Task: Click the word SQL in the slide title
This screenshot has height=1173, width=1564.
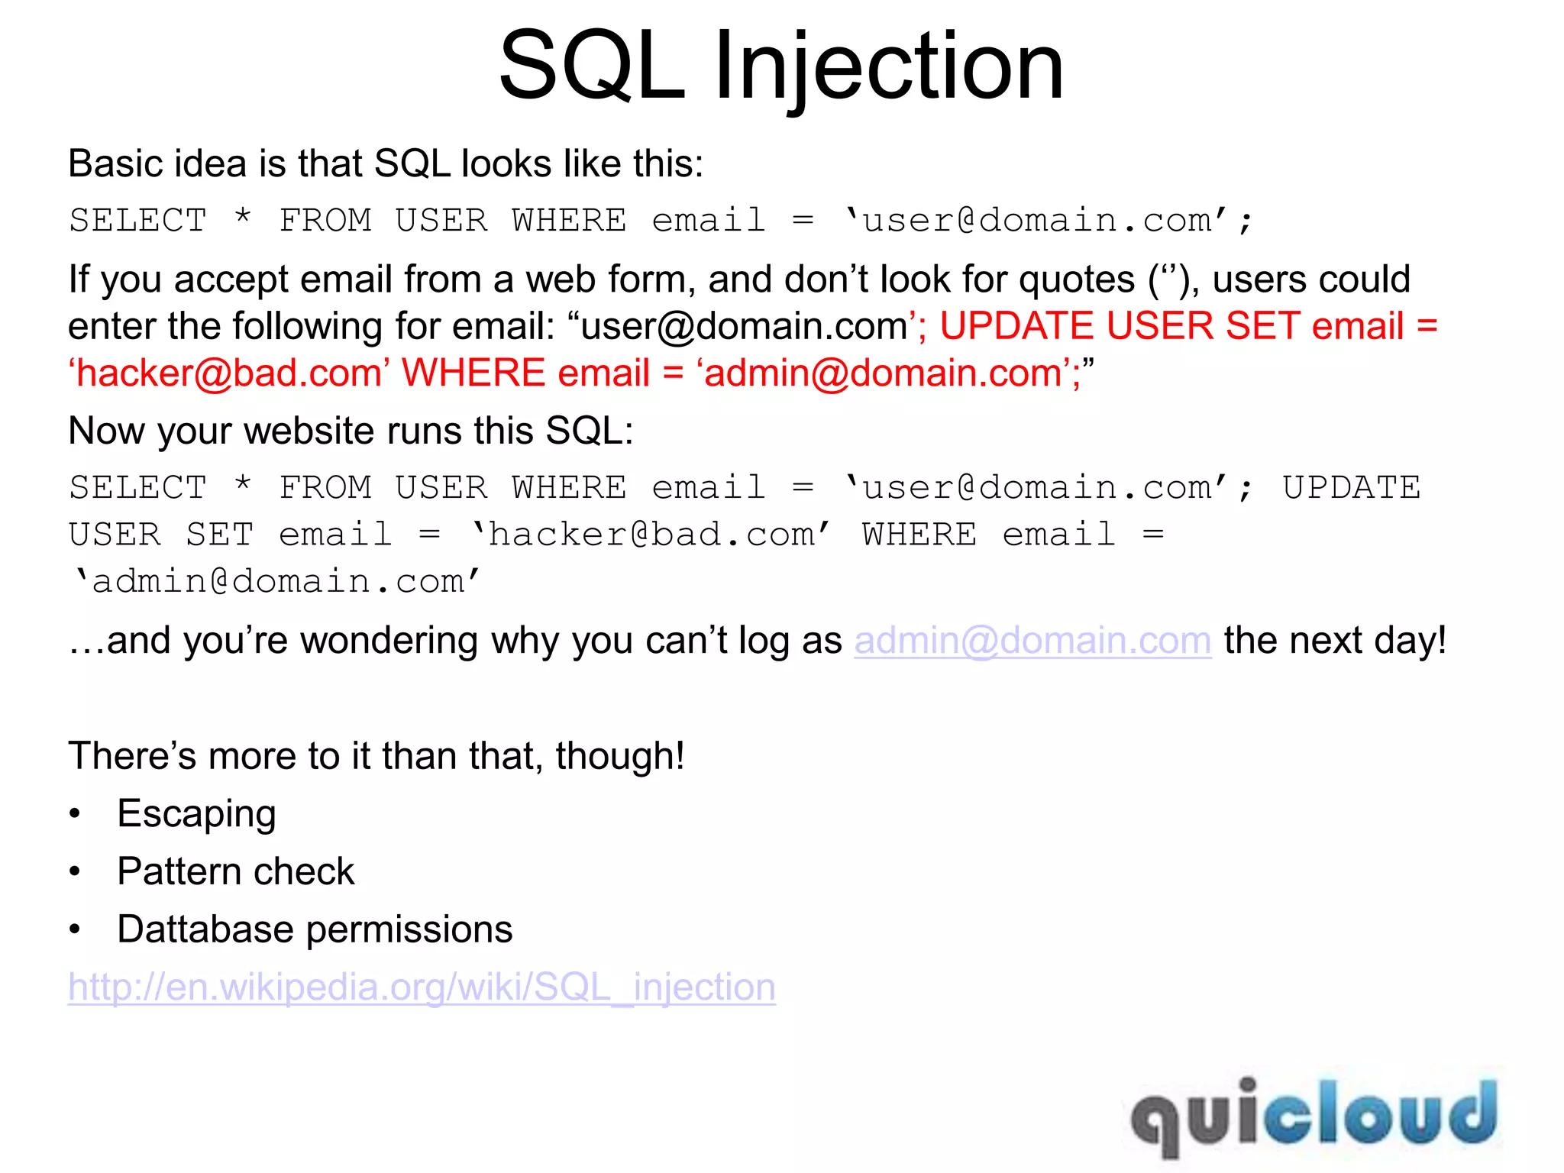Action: pyautogui.click(x=592, y=67)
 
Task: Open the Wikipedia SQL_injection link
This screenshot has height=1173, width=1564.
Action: pyautogui.click(x=422, y=987)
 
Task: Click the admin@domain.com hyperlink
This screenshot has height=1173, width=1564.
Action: pyautogui.click(x=1032, y=641)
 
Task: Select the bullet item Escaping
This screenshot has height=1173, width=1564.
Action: pyautogui.click(x=196, y=814)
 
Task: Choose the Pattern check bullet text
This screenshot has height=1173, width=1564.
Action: pyautogui.click(x=236, y=871)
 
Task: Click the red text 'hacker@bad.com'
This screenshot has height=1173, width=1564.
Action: pyautogui.click(x=229, y=373)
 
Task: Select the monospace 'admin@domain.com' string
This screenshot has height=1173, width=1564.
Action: pyautogui.click(x=276, y=582)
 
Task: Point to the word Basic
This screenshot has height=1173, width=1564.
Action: pyautogui.click(x=115, y=163)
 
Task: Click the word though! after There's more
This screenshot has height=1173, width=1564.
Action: pyautogui.click(x=619, y=756)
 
